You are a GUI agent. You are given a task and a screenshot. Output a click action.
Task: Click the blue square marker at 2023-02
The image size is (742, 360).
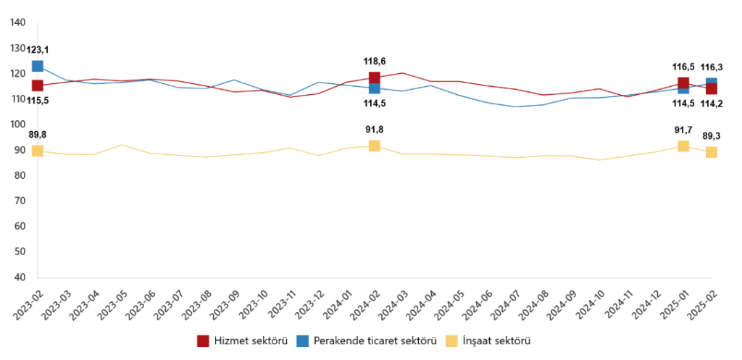(x=37, y=66)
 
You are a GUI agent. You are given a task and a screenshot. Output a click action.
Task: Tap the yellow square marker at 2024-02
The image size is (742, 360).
(x=374, y=146)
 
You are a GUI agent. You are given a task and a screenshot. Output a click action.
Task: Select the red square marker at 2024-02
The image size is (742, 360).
(x=374, y=78)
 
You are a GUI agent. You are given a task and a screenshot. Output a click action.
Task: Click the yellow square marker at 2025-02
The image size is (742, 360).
(x=712, y=152)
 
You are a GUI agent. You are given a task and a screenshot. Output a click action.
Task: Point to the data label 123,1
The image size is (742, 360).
(x=38, y=49)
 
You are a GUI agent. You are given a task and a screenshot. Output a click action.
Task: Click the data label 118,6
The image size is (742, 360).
(x=375, y=62)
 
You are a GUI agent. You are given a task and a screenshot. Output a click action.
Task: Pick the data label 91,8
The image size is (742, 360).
(x=375, y=130)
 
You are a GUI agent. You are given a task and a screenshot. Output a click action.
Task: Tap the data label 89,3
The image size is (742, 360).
(x=712, y=135)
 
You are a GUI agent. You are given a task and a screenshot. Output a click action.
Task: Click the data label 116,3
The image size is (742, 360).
(x=712, y=67)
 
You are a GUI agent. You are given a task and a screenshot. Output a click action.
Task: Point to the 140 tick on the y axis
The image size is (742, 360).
(x=19, y=23)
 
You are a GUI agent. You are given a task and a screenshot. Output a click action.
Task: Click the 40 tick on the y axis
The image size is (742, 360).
(x=21, y=277)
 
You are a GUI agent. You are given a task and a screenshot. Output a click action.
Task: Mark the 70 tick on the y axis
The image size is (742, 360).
(x=21, y=201)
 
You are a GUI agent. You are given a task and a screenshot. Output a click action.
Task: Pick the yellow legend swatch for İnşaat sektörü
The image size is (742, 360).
(x=451, y=340)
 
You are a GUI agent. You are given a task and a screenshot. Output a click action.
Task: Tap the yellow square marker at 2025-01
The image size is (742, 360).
(x=683, y=146)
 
